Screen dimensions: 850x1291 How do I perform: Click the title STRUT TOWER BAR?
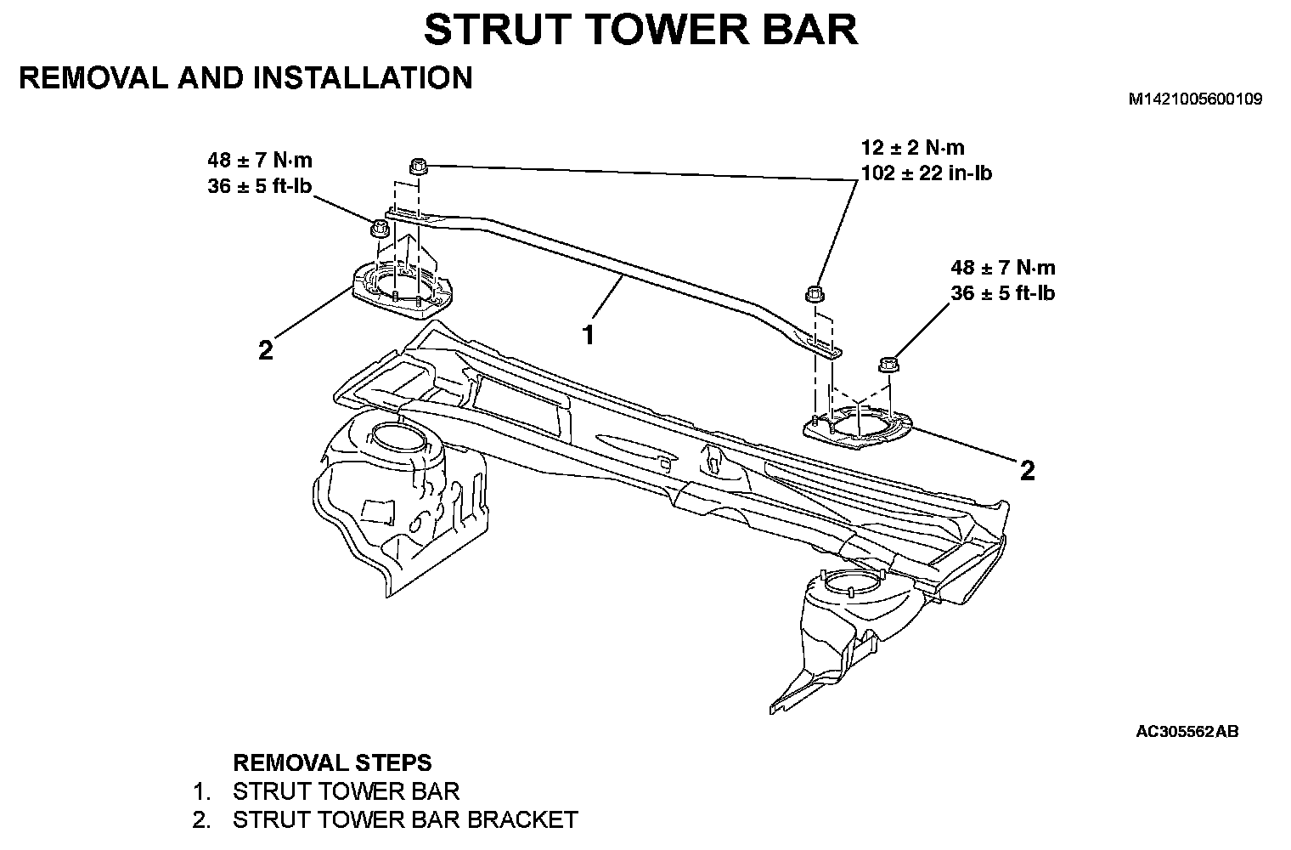(x=640, y=30)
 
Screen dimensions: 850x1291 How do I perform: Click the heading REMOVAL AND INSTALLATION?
(x=245, y=78)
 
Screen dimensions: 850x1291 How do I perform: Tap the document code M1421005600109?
(x=1195, y=99)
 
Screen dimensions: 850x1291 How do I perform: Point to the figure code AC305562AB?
(x=1187, y=731)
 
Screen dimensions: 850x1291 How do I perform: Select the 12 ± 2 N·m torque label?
(x=912, y=148)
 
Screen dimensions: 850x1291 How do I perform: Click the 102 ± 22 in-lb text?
(x=926, y=173)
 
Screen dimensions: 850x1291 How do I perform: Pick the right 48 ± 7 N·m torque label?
(x=1003, y=268)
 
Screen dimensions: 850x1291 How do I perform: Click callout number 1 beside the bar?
(x=588, y=334)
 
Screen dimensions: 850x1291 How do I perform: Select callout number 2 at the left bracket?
(x=266, y=349)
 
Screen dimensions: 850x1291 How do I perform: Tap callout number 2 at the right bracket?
(x=1028, y=470)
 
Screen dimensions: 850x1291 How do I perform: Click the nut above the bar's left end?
(x=417, y=166)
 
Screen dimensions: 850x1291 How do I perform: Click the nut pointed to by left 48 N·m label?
(x=379, y=229)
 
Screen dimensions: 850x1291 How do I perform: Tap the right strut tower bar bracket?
(x=858, y=427)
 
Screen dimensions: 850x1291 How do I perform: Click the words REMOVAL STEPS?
(x=332, y=762)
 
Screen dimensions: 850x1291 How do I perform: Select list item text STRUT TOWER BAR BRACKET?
(x=405, y=820)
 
